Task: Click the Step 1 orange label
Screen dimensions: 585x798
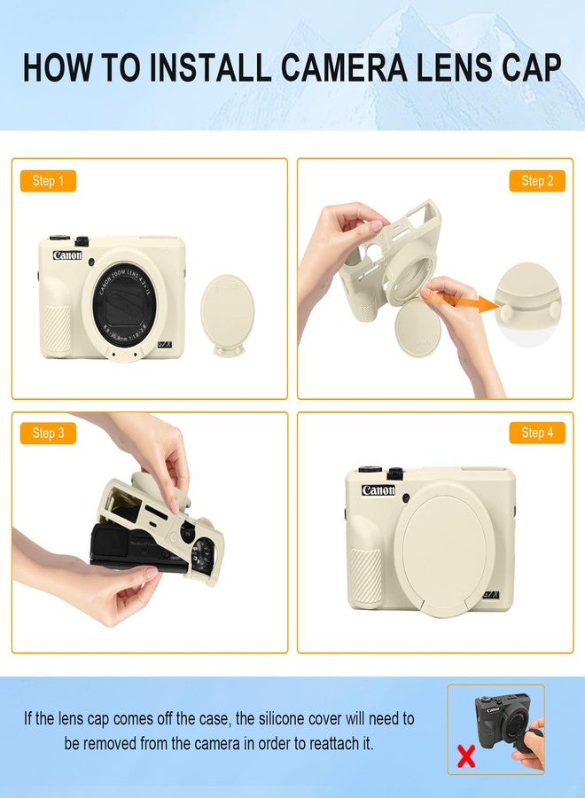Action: (48, 181)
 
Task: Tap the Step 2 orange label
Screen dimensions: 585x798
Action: (537, 181)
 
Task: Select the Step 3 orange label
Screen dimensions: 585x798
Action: (48, 433)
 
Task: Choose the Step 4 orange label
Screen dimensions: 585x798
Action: (537, 433)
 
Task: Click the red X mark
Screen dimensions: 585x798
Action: (466, 755)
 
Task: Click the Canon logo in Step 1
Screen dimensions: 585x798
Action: (67, 255)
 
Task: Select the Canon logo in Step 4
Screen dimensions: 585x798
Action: (378, 490)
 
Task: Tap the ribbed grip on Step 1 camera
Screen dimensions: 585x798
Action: (57, 330)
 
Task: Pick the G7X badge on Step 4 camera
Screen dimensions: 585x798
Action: (490, 595)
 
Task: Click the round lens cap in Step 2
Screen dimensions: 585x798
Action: (418, 328)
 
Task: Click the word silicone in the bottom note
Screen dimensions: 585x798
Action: (281, 718)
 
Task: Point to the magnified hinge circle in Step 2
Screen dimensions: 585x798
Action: (528, 305)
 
